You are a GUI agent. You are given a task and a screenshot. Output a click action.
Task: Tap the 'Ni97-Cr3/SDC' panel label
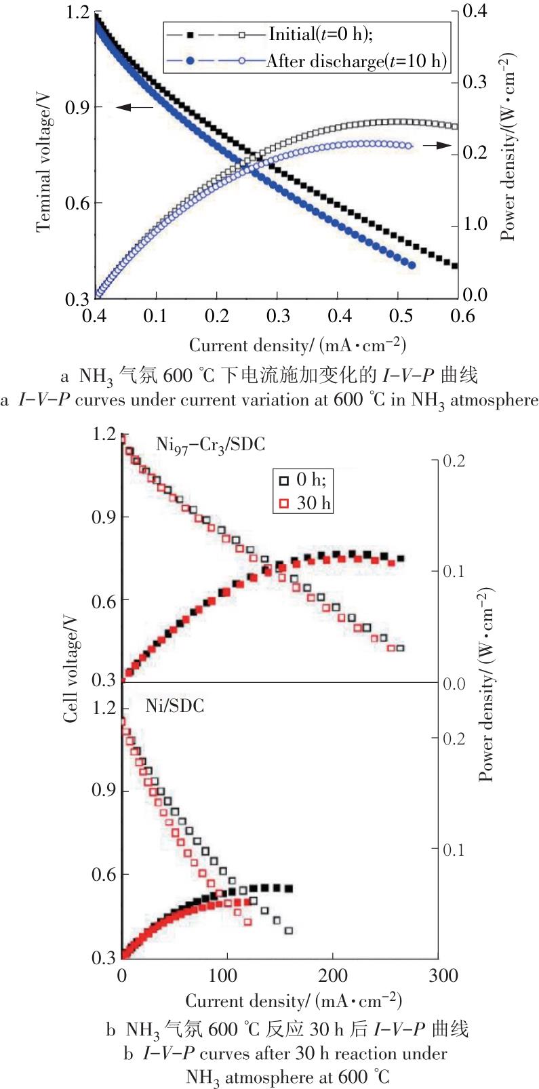coord(210,446)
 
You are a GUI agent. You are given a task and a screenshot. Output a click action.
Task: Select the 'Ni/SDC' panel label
coord(175,706)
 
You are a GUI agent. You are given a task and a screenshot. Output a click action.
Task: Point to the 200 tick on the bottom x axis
coord(333,976)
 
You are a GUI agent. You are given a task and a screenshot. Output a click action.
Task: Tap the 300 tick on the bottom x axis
coord(439,976)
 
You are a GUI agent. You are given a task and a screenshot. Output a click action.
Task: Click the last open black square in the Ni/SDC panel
coord(289,930)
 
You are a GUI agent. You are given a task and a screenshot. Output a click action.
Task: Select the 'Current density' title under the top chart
coord(297,345)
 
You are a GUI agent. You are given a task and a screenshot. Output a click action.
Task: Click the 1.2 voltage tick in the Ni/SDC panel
coord(104,709)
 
